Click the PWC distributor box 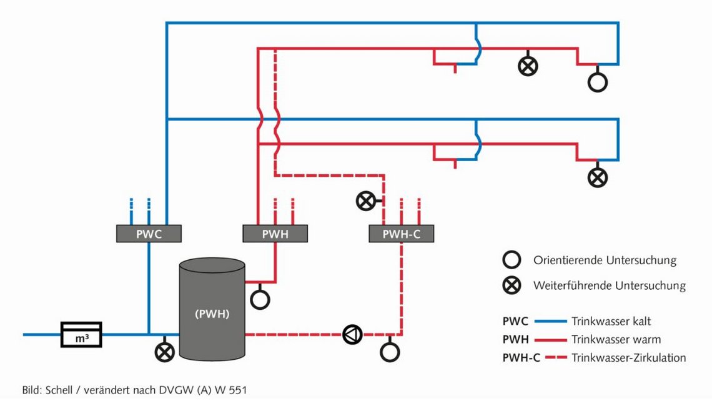click(x=149, y=234)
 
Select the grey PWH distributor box click(x=275, y=234)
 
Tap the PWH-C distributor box click(x=401, y=234)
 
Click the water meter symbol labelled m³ click(x=81, y=335)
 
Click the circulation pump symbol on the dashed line click(x=353, y=335)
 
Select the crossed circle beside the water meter click(x=165, y=352)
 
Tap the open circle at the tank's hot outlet click(x=260, y=299)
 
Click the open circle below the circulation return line click(x=390, y=352)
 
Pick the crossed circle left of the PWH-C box click(x=366, y=201)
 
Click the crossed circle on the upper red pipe click(x=528, y=66)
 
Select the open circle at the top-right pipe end click(x=598, y=82)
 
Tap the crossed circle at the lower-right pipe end click(x=598, y=177)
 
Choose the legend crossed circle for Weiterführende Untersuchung click(x=512, y=285)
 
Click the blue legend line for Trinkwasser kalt click(x=549, y=322)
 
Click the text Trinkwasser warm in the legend click(x=616, y=340)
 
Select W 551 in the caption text click(x=238, y=390)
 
